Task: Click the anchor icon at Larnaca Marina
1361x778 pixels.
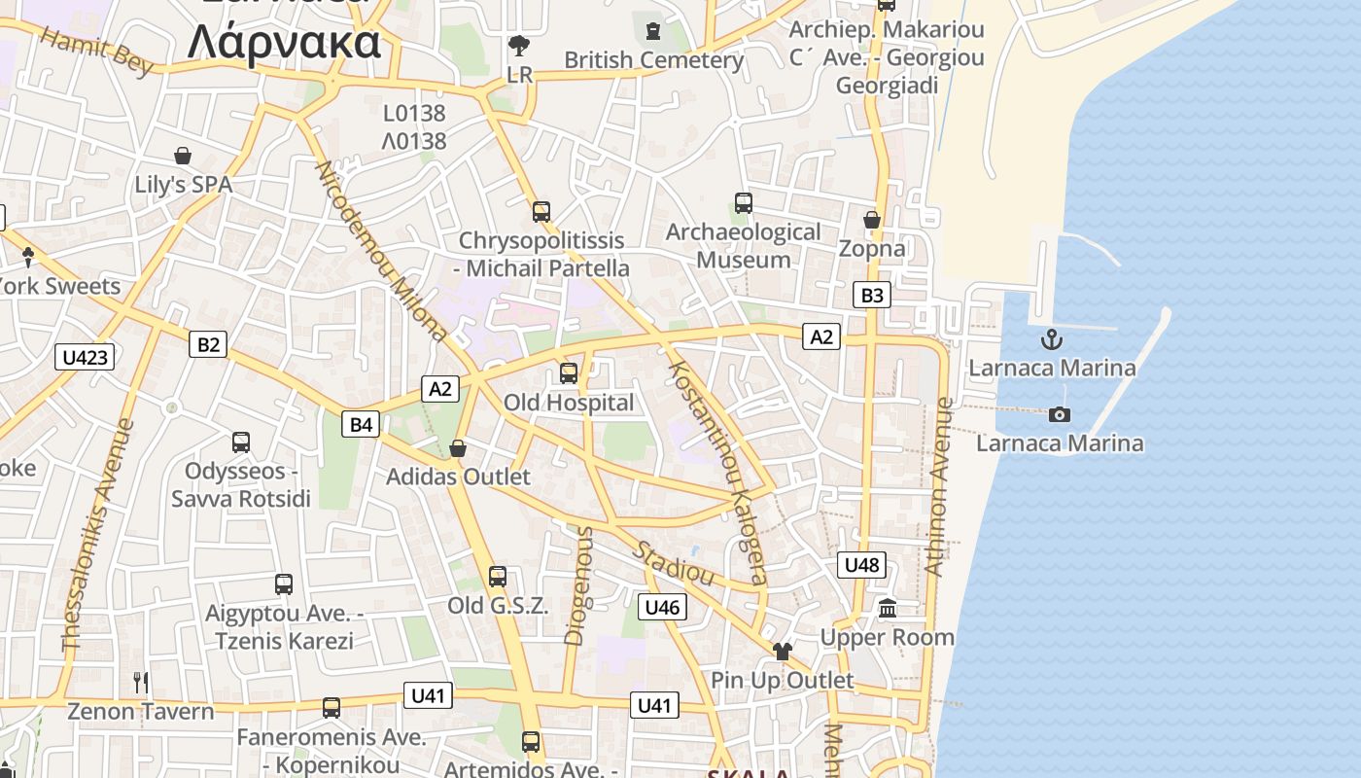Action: (1051, 339)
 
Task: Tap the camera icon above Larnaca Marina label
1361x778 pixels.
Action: (1060, 415)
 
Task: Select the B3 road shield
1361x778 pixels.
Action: (872, 295)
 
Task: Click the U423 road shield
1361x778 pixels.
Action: (85, 357)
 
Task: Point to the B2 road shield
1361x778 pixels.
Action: (208, 343)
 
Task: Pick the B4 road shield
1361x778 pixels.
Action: (361, 424)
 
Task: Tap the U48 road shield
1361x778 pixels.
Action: (861, 564)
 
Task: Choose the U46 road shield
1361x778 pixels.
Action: (662, 608)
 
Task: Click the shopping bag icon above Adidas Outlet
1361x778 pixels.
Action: (458, 448)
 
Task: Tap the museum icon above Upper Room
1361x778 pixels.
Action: (888, 609)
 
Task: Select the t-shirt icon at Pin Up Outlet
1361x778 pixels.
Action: (782, 651)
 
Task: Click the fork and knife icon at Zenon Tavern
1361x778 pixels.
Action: (141, 683)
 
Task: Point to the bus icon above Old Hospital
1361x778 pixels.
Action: (569, 372)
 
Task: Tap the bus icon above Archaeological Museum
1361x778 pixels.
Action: (744, 203)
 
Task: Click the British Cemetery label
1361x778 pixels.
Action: (653, 60)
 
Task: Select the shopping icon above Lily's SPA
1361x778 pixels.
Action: (183, 156)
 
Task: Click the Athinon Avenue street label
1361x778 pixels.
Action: (938, 486)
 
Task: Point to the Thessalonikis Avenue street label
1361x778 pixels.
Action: (97, 535)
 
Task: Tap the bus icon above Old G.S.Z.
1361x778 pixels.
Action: (498, 577)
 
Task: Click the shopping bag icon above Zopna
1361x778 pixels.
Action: (872, 220)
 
